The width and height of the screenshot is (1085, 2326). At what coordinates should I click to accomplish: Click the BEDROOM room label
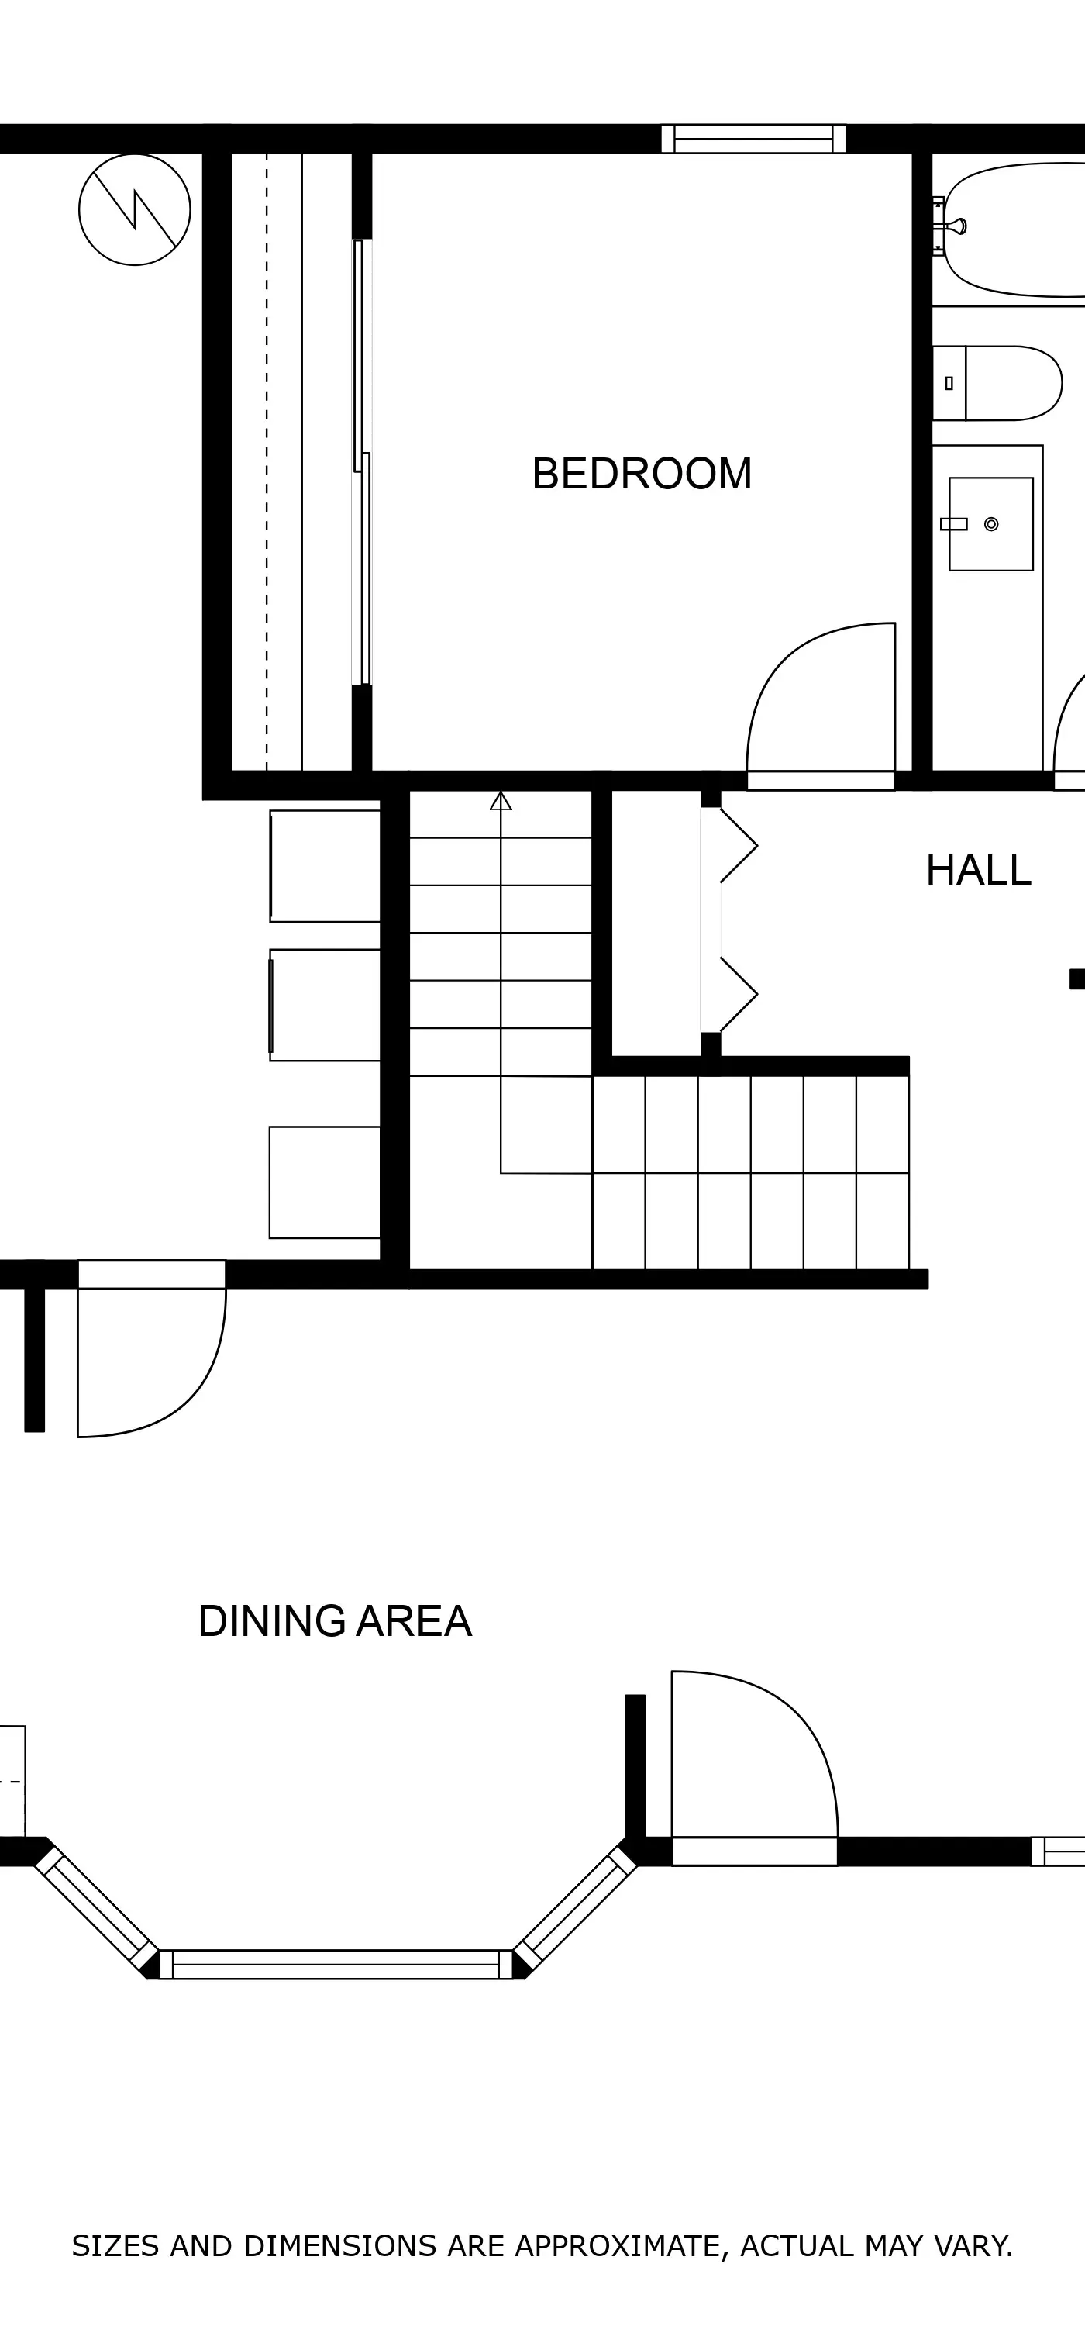[x=642, y=474]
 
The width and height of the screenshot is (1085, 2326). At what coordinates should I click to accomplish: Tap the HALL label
[x=979, y=871]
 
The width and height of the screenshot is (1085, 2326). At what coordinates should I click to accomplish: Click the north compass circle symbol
[x=135, y=209]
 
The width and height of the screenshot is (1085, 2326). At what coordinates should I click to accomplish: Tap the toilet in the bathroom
[x=997, y=383]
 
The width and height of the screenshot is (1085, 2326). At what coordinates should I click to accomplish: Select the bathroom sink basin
[x=991, y=523]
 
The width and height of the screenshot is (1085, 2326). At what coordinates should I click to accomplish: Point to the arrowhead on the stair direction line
[x=501, y=801]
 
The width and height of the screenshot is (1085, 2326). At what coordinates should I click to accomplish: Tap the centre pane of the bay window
[x=336, y=1964]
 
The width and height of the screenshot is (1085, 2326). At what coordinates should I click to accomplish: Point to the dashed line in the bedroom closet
[x=267, y=462]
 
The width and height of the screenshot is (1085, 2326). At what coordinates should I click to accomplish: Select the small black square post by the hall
[x=1077, y=978]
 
